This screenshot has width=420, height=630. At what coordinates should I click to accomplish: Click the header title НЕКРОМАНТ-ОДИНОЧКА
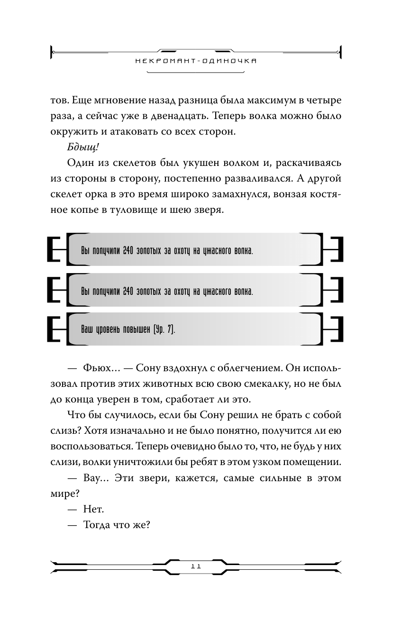196,61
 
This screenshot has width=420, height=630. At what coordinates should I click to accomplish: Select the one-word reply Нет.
93,510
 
